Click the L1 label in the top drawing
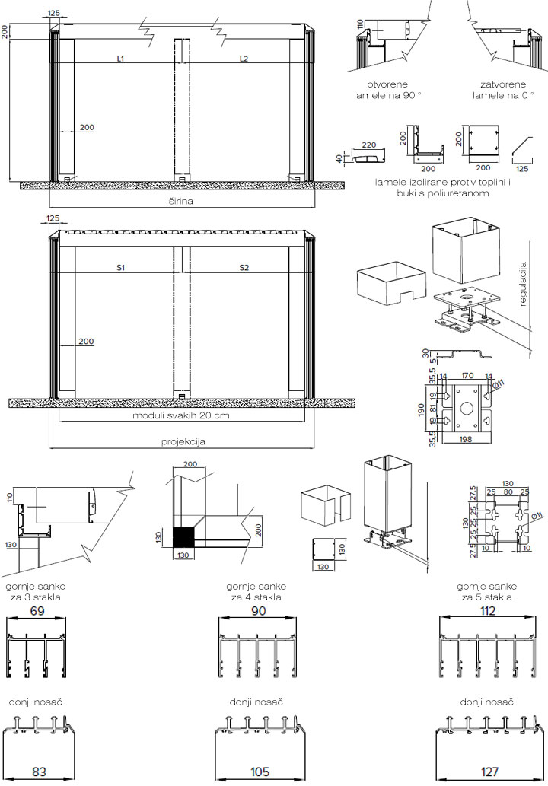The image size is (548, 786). [121, 58]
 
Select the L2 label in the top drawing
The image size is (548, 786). [244, 58]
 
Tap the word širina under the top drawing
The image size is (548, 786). [180, 201]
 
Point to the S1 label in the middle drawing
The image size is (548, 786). [121, 267]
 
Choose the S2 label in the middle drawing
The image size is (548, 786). [244, 267]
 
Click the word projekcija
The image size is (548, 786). [183, 441]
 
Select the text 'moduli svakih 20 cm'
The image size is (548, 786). [180, 416]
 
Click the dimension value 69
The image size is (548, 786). [37, 610]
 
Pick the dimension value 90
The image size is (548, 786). [259, 610]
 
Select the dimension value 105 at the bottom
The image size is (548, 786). [260, 772]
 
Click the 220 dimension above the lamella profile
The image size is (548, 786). [370, 144]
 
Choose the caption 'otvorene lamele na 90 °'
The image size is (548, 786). [388, 91]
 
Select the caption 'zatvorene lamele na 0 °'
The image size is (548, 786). [499, 91]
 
